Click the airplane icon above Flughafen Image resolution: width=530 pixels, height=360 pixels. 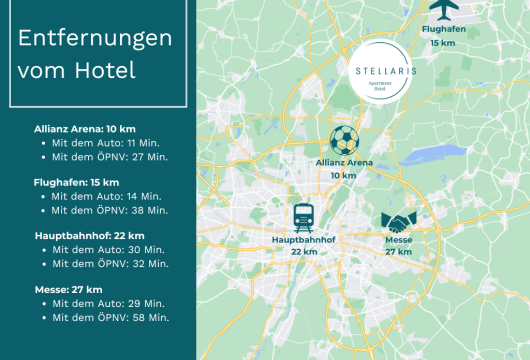442,10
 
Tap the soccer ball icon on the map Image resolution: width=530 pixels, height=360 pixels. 343,140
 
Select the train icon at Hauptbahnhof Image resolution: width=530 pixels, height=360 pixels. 302,216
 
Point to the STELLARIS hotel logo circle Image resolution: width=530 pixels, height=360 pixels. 379,74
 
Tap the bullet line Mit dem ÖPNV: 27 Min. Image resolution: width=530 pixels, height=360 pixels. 110,157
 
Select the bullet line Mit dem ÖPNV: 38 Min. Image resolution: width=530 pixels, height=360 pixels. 110,210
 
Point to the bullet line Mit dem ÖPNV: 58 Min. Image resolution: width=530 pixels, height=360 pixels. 110,316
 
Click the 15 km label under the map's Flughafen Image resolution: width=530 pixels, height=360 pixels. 442,43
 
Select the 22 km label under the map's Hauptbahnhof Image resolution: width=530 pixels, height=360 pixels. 302,252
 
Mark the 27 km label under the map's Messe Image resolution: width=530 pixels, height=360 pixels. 398,252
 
